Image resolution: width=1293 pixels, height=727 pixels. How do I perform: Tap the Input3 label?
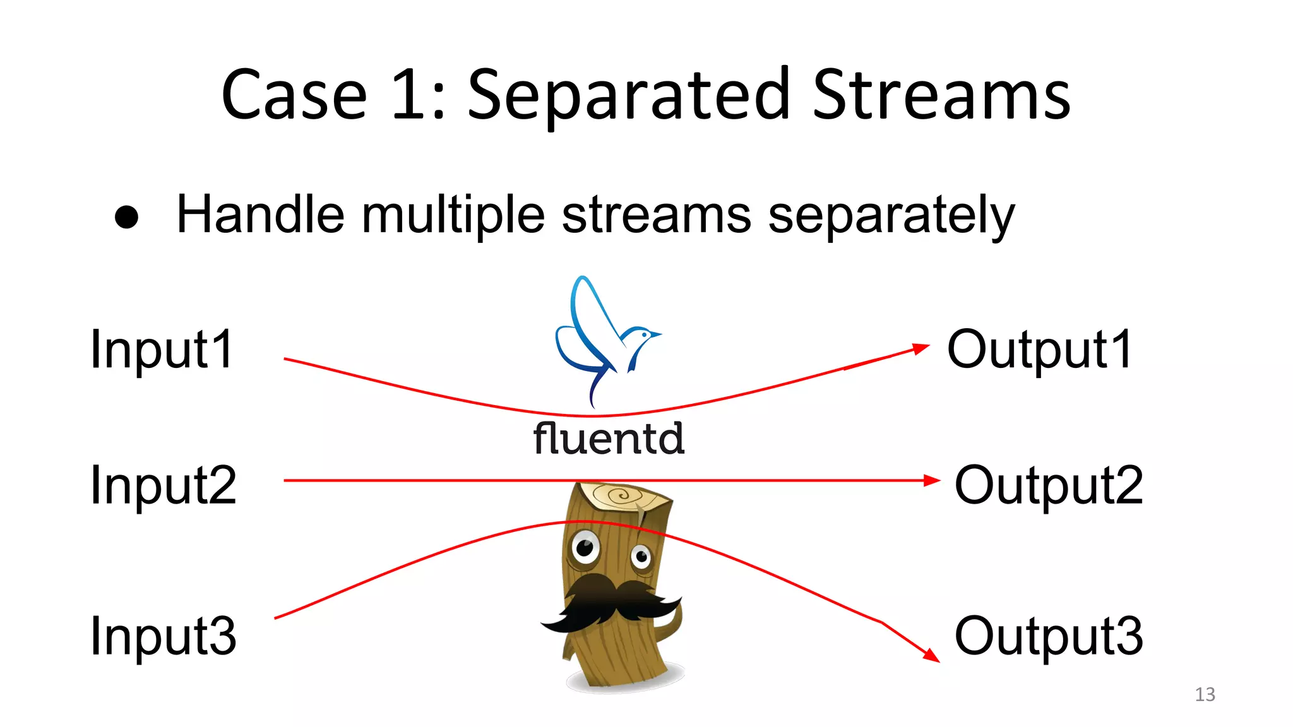(x=163, y=635)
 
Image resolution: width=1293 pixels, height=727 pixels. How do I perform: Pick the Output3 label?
(x=1048, y=635)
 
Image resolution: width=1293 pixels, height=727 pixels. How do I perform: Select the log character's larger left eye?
(x=585, y=547)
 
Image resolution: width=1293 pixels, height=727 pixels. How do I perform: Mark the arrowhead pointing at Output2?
(x=933, y=481)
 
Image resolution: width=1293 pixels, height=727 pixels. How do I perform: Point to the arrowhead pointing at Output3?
(x=932, y=656)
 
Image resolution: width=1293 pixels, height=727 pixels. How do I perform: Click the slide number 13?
(x=1205, y=694)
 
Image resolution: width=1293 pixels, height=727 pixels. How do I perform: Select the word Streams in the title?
(x=941, y=96)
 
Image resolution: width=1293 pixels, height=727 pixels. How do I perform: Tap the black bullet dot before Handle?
(x=127, y=217)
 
